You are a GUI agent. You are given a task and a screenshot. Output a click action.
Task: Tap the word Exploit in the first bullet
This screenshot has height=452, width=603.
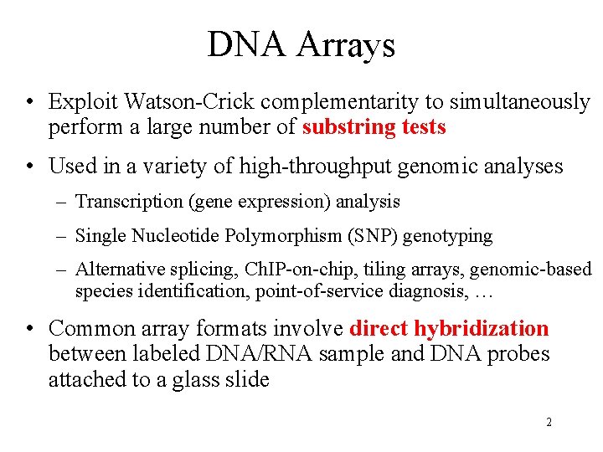click(83, 102)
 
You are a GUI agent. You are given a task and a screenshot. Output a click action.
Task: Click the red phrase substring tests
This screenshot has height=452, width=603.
click(374, 127)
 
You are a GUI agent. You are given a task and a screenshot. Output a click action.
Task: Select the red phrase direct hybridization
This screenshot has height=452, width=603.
click(449, 329)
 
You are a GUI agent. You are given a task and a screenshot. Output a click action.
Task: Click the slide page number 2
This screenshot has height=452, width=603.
click(549, 422)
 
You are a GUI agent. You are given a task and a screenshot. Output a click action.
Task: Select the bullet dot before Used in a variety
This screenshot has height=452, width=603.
click(30, 167)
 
